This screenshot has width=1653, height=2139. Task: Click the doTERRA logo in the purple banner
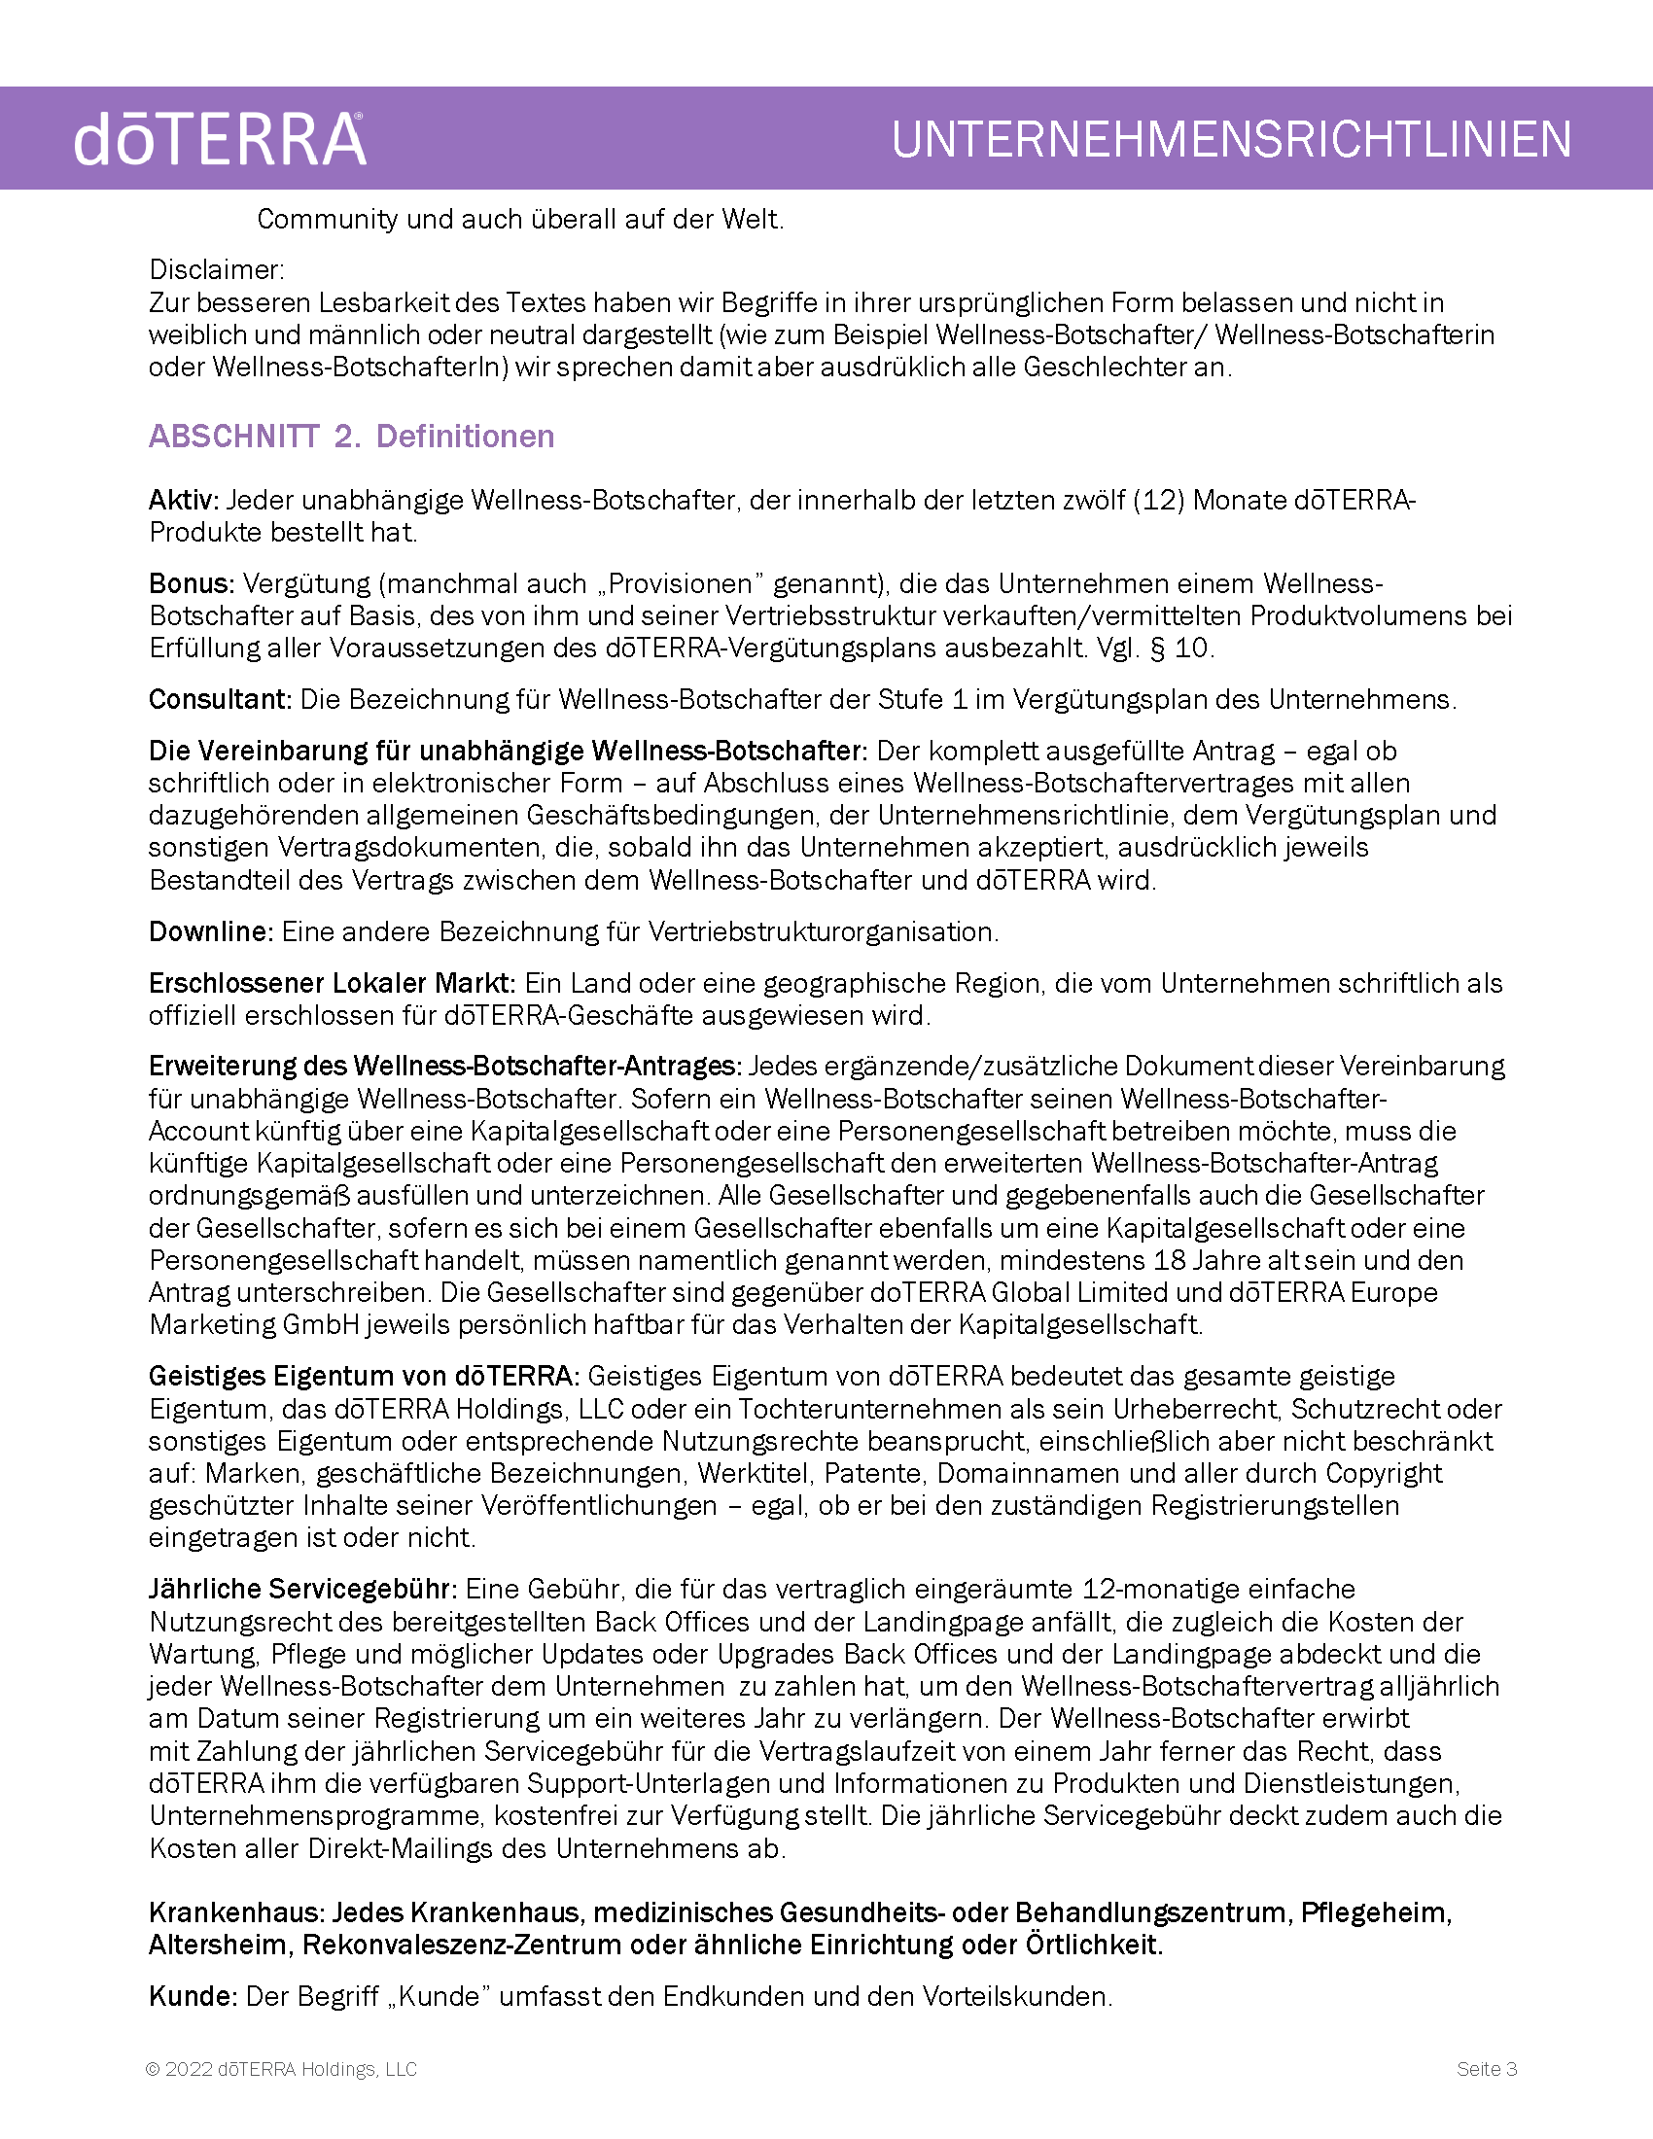point(220,139)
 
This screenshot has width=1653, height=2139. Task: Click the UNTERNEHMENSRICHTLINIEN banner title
point(1231,139)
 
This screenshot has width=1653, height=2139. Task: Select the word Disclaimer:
point(217,269)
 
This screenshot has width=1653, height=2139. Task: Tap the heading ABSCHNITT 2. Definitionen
point(352,436)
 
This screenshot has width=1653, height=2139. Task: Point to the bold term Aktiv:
point(184,501)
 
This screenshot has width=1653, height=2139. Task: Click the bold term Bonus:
point(192,583)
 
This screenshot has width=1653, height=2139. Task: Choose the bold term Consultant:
point(221,699)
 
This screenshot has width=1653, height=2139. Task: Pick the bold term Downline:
point(211,931)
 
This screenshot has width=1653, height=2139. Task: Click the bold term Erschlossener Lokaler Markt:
point(332,983)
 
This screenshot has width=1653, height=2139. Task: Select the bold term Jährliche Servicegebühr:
point(302,1589)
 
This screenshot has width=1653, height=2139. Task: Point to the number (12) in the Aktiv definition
point(1157,501)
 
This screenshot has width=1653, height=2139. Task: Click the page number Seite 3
point(1486,2069)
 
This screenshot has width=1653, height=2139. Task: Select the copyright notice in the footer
point(282,2069)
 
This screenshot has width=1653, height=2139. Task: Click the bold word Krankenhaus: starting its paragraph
point(236,1912)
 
